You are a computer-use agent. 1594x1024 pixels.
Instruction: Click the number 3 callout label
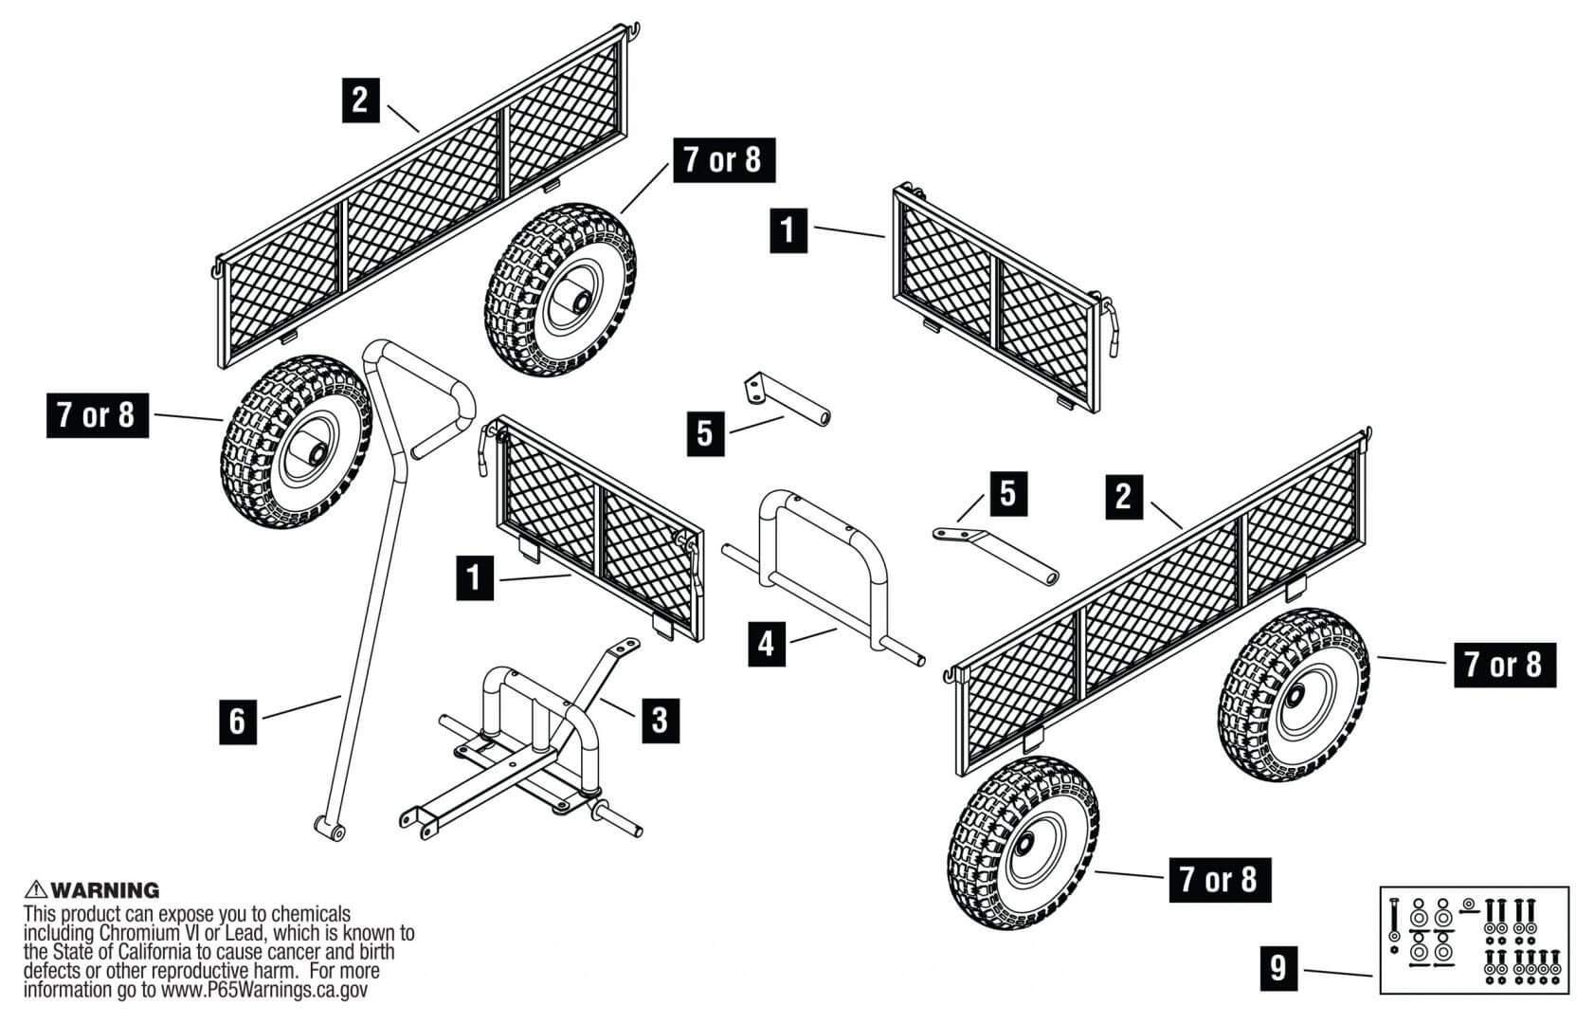point(660,720)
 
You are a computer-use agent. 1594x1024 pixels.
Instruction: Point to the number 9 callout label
point(1278,968)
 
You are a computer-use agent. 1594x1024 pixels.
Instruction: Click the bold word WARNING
point(104,890)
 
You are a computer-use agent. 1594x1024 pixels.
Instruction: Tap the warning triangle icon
point(36,889)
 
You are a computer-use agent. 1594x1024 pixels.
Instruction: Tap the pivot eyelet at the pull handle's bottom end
point(330,831)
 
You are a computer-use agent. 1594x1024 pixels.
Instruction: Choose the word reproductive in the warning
point(189,971)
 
